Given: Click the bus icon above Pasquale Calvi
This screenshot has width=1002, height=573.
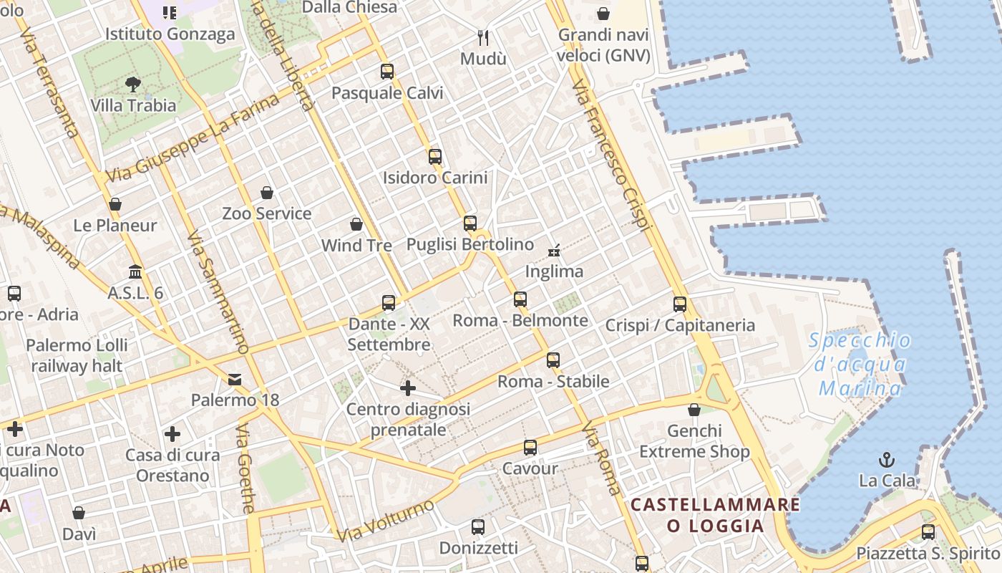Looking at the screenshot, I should [387, 72].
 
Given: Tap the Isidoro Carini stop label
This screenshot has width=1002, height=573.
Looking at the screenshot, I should [435, 178].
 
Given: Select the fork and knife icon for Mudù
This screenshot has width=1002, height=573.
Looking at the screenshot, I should [484, 37].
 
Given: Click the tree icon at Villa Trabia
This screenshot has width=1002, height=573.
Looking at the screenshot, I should [132, 85].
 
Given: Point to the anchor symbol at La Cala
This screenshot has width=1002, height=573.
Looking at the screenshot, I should [887, 460].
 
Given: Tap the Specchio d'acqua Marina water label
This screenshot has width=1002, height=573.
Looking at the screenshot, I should [860, 365].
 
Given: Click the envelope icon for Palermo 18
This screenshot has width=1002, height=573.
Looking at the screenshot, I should [235, 379].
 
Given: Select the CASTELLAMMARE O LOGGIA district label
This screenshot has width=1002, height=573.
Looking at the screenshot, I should [715, 515].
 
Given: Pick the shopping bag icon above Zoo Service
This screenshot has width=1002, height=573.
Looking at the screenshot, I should [267, 193].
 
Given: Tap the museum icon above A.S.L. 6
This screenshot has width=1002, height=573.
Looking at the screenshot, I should [135, 272].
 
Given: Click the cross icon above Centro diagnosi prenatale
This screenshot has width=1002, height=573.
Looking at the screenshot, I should [408, 388].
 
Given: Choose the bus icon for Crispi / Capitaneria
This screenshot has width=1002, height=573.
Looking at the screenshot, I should [680, 304].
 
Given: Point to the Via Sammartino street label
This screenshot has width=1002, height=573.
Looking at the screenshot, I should [217, 292].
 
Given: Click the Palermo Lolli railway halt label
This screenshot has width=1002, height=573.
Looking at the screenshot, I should [77, 355].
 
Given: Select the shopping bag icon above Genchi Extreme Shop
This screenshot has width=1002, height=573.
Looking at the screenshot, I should [694, 410].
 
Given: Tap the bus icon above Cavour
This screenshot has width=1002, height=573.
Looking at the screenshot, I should [530, 448].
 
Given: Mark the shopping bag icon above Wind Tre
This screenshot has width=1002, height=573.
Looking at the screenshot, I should [356, 225].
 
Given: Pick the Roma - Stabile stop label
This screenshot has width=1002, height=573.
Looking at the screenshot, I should [553, 381].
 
